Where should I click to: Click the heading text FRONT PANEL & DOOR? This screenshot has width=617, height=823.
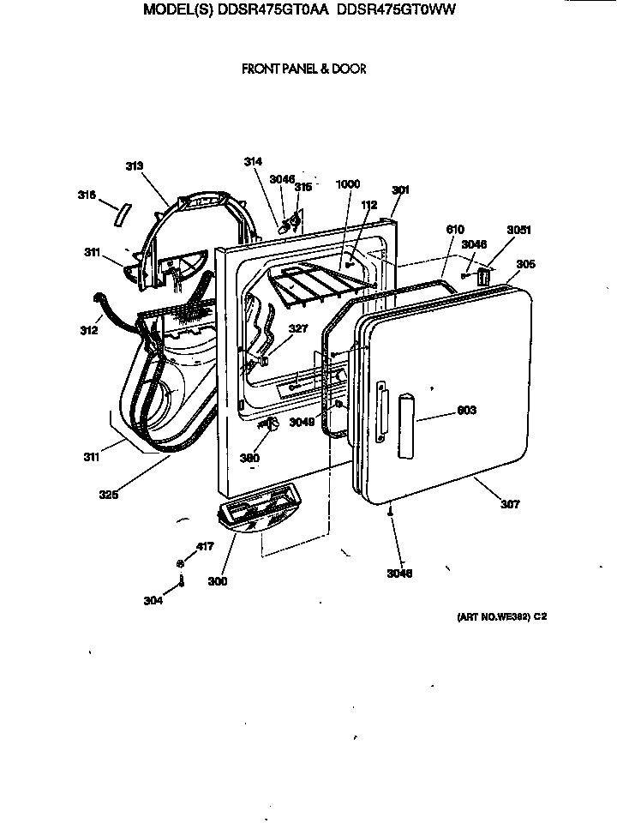point(304,69)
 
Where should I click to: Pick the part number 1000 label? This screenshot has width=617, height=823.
point(348,183)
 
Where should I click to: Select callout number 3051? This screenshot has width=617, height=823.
point(518,230)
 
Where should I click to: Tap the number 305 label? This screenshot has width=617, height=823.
point(525,265)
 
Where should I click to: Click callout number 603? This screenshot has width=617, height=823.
point(466,411)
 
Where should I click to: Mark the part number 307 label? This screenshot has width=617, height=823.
point(510,504)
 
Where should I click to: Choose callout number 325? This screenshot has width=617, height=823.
point(108,494)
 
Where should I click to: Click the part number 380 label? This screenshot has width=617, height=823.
point(249,459)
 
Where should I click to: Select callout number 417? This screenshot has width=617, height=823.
point(205,546)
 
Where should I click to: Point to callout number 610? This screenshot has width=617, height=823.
point(455,230)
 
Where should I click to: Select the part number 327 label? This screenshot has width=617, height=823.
point(297,327)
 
